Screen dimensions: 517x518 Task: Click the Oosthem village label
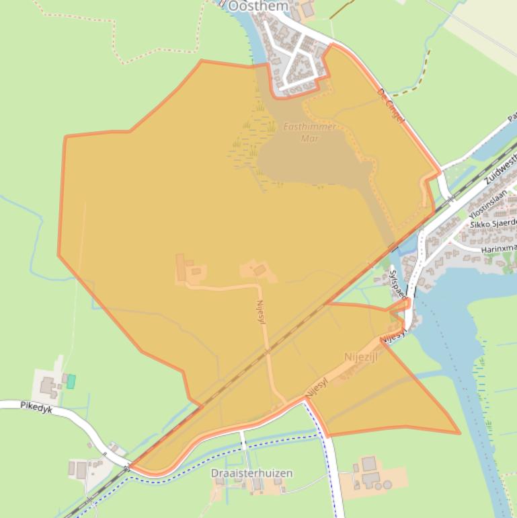pyautogui.click(x=258, y=5)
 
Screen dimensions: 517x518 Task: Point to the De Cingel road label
pyautogui.click(x=391, y=106)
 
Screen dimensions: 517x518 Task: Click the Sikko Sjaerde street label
pyautogui.click(x=492, y=223)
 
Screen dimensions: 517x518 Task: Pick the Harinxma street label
pyautogui.click(x=498, y=249)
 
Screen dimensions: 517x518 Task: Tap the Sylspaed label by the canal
pyautogui.click(x=398, y=285)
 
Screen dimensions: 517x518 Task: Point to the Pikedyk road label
pyautogui.click(x=36, y=406)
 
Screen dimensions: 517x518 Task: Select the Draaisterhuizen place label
pyautogui.click(x=251, y=473)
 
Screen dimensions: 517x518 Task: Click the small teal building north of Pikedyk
pyautogui.click(x=71, y=381)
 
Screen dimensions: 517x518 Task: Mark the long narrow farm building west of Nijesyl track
pyautogui.click(x=180, y=267)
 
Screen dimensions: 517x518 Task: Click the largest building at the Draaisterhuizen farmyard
pyautogui.click(x=368, y=464)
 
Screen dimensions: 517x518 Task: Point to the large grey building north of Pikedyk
pyautogui.click(x=48, y=387)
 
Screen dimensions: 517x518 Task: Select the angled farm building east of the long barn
pyautogui.click(x=260, y=270)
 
